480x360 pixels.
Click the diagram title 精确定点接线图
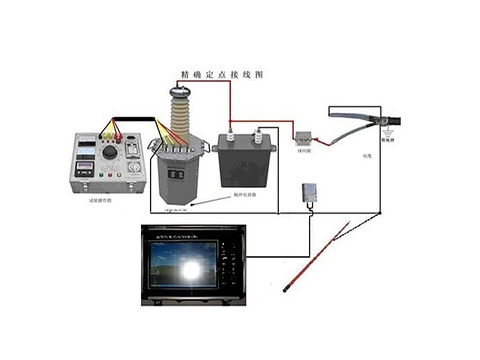(x=222, y=75)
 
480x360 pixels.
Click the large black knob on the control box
(x=110, y=152)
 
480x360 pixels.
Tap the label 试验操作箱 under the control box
(x=100, y=200)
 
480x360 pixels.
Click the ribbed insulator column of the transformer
(x=179, y=117)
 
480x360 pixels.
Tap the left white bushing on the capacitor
(x=229, y=131)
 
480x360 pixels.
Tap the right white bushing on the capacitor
(x=259, y=133)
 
